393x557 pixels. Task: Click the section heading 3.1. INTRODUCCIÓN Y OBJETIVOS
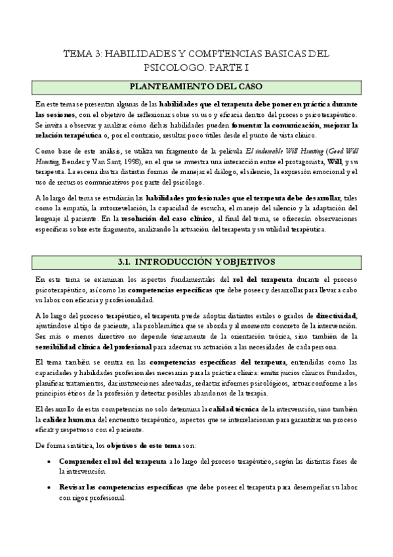(x=196, y=243)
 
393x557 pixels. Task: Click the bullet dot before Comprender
(x=51, y=462)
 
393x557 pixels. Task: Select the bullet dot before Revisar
(x=51, y=487)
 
